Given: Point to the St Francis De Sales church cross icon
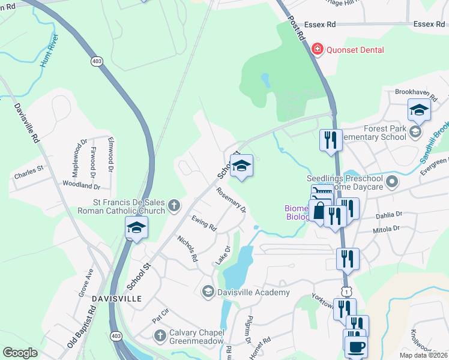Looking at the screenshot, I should click(174, 206).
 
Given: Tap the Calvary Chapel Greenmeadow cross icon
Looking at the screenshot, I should click(160, 335).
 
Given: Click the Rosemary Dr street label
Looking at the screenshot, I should click(231, 200).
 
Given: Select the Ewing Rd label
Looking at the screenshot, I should click(203, 223).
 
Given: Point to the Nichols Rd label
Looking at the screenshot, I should click(187, 248).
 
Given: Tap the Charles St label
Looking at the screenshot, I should click(29, 169).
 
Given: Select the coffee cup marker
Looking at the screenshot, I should click(356, 346).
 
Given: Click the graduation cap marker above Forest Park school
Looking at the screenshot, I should click(418, 109).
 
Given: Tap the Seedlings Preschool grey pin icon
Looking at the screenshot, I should click(393, 180).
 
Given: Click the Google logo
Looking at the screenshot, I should click(20, 353).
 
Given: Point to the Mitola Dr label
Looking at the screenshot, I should click(387, 229).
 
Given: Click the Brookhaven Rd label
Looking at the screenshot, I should click(415, 92).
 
